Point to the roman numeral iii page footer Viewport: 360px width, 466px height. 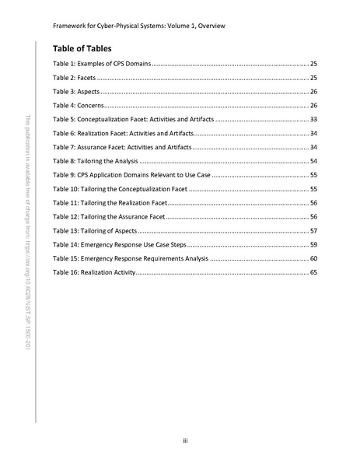[183, 441]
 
